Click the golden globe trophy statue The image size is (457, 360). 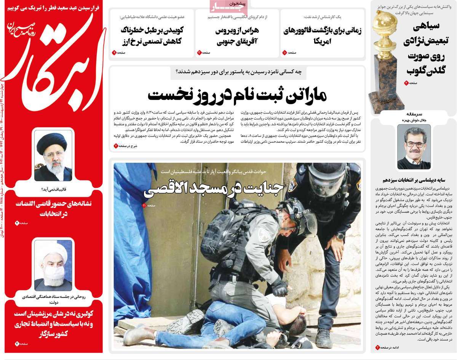pos(385,57)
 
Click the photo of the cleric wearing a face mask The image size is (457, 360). pos(53,264)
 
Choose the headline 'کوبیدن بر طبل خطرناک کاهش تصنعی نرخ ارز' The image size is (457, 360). pos(151,35)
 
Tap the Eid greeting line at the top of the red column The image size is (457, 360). pos(53,7)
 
